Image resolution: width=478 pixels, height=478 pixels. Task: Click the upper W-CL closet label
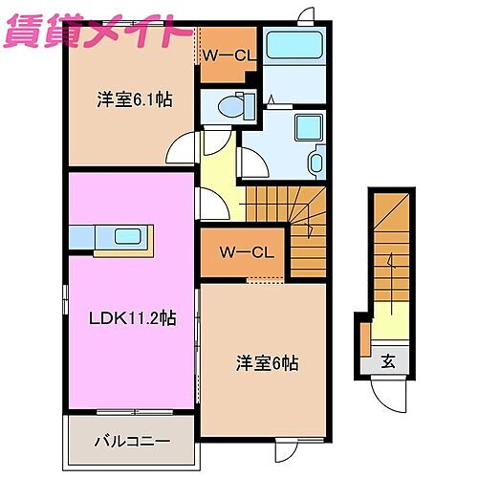[228, 56]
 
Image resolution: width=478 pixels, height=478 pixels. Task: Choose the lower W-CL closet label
[247, 253]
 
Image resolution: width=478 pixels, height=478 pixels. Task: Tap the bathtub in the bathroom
[293, 45]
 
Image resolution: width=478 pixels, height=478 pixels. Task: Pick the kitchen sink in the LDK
[126, 235]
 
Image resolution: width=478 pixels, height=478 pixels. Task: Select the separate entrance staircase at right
[392, 249]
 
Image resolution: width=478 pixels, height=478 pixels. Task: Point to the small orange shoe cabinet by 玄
[364, 337]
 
